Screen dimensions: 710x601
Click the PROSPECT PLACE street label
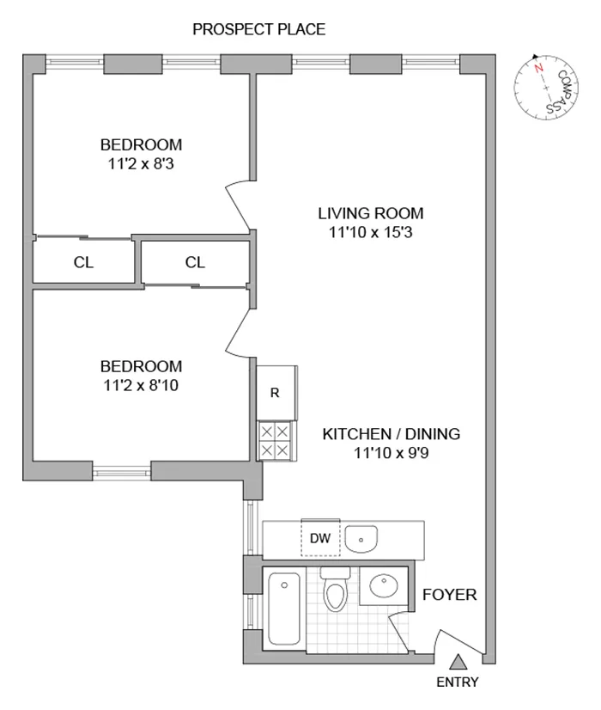[x=258, y=30]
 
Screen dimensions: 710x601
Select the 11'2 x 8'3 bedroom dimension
[x=141, y=162]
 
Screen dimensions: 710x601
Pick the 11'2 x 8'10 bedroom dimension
[x=141, y=385]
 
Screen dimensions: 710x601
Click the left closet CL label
[x=83, y=263]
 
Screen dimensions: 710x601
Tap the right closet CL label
[x=195, y=263]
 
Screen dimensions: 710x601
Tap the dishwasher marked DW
[x=320, y=539]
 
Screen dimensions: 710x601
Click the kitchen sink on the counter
[x=362, y=539]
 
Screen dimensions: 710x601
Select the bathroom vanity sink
[x=383, y=587]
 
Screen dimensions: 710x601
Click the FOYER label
[x=449, y=595]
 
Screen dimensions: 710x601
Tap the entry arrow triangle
[x=458, y=661]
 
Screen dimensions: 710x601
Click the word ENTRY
[x=458, y=683]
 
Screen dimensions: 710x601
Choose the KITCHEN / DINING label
[x=391, y=434]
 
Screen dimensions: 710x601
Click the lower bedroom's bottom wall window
[x=121, y=470]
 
